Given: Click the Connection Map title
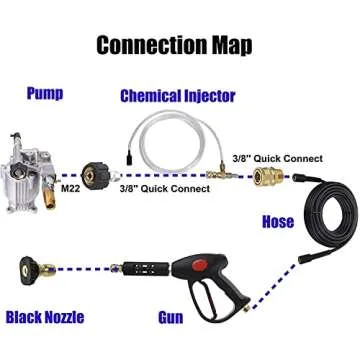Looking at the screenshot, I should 180,45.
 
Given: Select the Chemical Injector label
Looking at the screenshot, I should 177,96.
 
